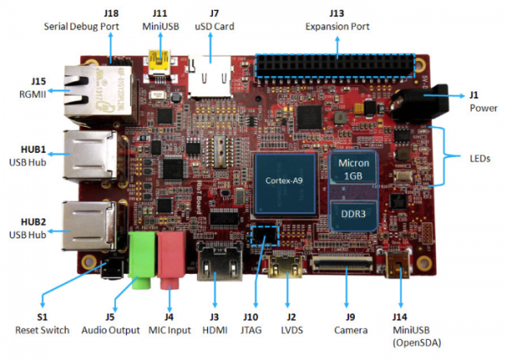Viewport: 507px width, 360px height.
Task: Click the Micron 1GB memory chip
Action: (x=356, y=168)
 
